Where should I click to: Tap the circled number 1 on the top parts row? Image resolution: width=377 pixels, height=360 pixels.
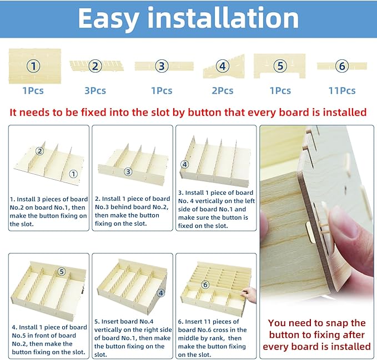[x=33, y=66]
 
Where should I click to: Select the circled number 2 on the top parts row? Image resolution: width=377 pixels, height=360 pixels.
[x=95, y=66]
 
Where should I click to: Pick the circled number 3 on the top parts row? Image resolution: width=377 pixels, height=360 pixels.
[x=162, y=66]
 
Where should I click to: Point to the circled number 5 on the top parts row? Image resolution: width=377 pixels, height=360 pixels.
[x=280, y=66]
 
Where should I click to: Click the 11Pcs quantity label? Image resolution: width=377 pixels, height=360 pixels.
[x=342, y=91]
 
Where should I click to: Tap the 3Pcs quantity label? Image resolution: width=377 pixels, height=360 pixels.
[x=95, y=91]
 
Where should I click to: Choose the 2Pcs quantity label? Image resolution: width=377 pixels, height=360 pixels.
[x=223, y=91]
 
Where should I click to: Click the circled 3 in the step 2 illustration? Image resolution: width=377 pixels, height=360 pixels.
[x=128, y=171]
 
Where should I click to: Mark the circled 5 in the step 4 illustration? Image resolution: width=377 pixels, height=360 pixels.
[x=62, y=271]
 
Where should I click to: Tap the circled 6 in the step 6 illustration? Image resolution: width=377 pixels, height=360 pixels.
[x=205, y=285]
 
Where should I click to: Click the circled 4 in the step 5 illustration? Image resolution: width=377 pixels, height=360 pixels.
[x=160, y=293]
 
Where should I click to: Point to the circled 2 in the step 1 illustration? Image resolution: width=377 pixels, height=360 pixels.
[x=39, y=151]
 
